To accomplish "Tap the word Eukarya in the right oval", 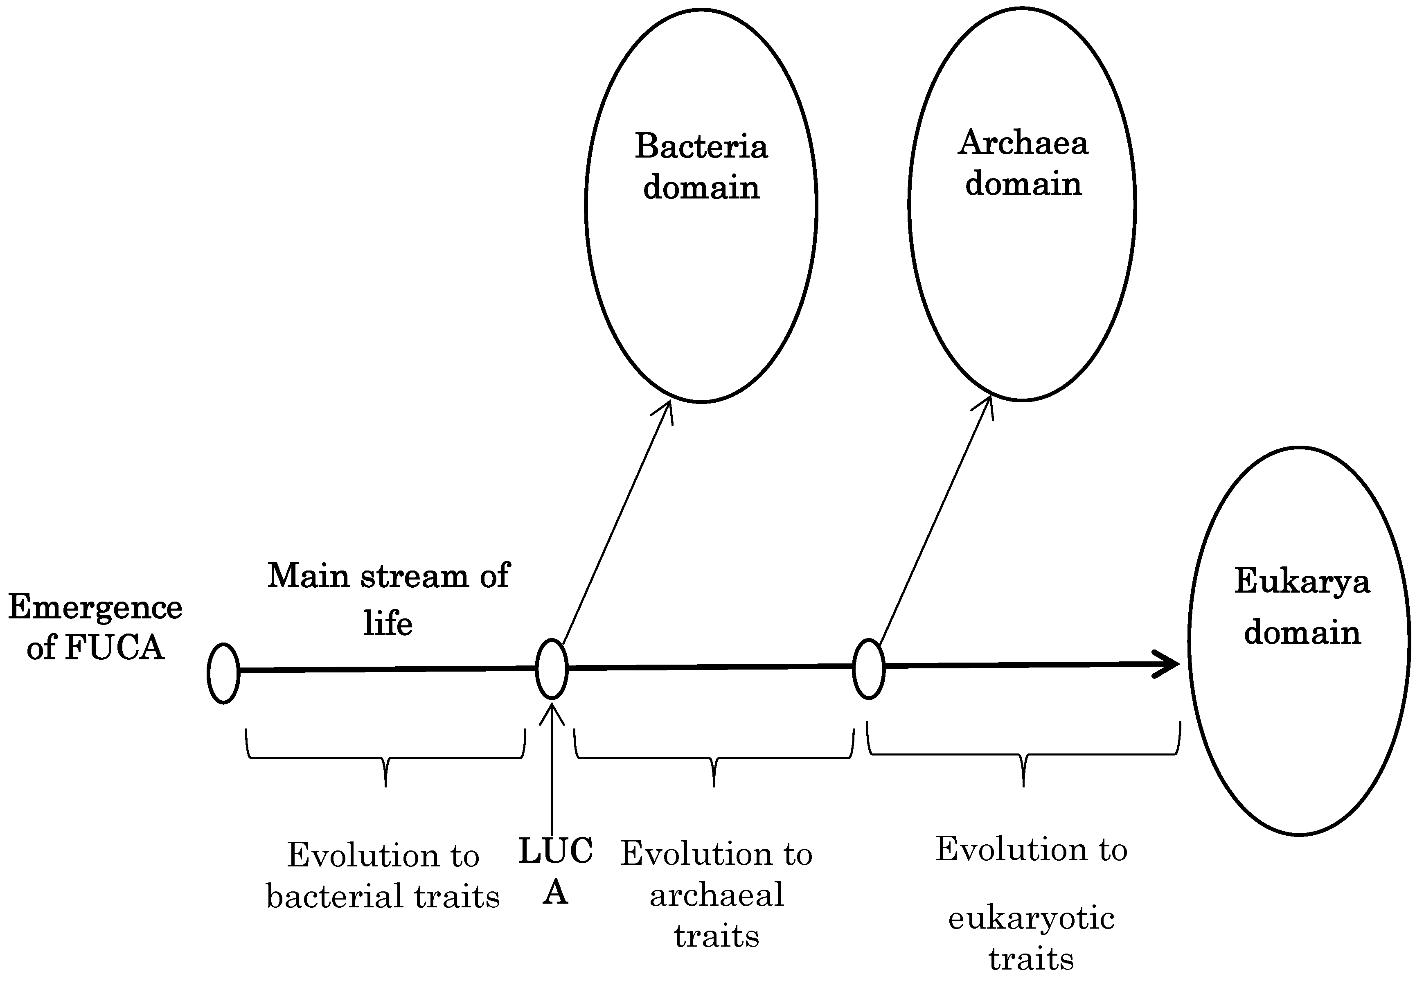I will (1302, 582).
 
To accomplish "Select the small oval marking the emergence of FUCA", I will (223, 673).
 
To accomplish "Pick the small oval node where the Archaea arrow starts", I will (868, 669).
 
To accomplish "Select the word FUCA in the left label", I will (114, 647).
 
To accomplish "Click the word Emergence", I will (95, 607).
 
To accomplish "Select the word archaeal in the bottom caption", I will (717, 894).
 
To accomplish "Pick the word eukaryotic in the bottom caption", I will (1031, 919).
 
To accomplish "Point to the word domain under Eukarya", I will (1302, 632).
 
